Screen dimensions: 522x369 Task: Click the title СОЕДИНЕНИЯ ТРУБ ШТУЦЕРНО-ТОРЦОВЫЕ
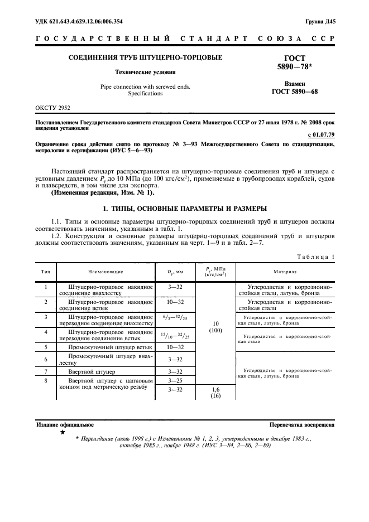tap(145, 57)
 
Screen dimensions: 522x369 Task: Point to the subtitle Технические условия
tap(145, 72)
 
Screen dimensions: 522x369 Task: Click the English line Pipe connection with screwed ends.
tap(145, 86)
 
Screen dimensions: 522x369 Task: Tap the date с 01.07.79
tap(321, 135)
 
